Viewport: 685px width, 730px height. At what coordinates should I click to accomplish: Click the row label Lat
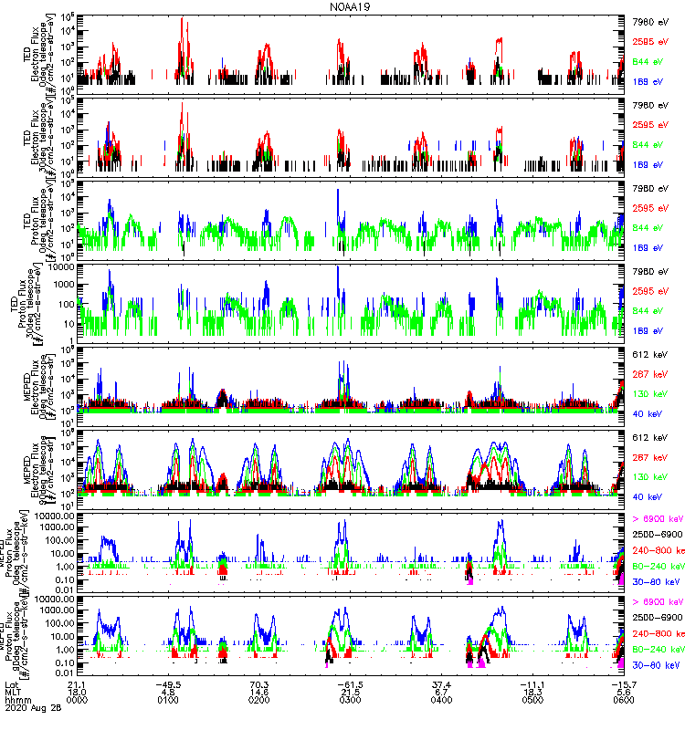(x=12, y=690)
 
